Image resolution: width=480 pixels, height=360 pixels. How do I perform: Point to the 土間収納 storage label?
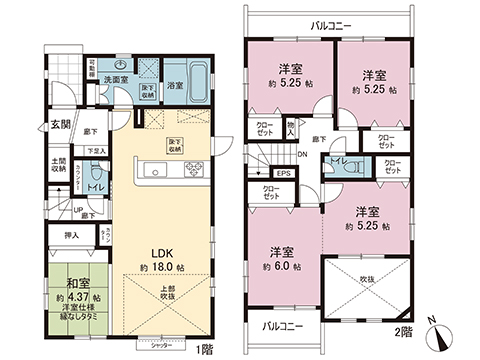(x=59, y=165)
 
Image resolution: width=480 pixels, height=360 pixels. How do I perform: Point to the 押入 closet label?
(x=70, y=237)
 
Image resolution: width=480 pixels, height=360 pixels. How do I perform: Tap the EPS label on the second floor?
(x=283, y=172)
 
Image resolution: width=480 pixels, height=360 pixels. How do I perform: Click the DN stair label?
(x=302, y=155)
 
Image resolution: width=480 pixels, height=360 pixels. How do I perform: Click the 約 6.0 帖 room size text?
(x=281, y=266)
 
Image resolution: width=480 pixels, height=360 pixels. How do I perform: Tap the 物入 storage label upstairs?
(x=289, y=128)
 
